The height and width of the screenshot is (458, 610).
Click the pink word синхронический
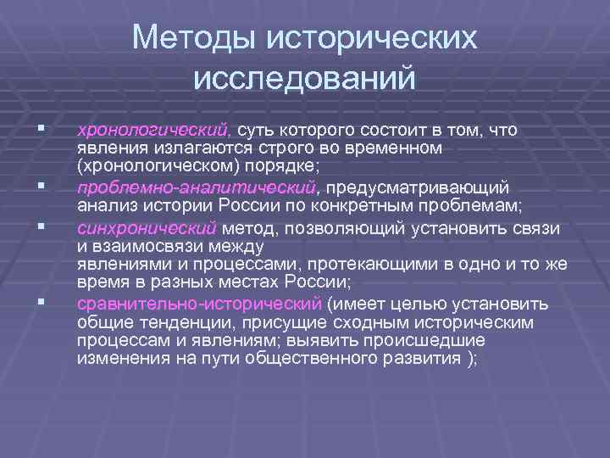[x=147, y=228]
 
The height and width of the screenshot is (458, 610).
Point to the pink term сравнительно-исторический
[x=199, y=303]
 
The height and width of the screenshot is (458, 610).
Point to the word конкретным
[x=358, y=204]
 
